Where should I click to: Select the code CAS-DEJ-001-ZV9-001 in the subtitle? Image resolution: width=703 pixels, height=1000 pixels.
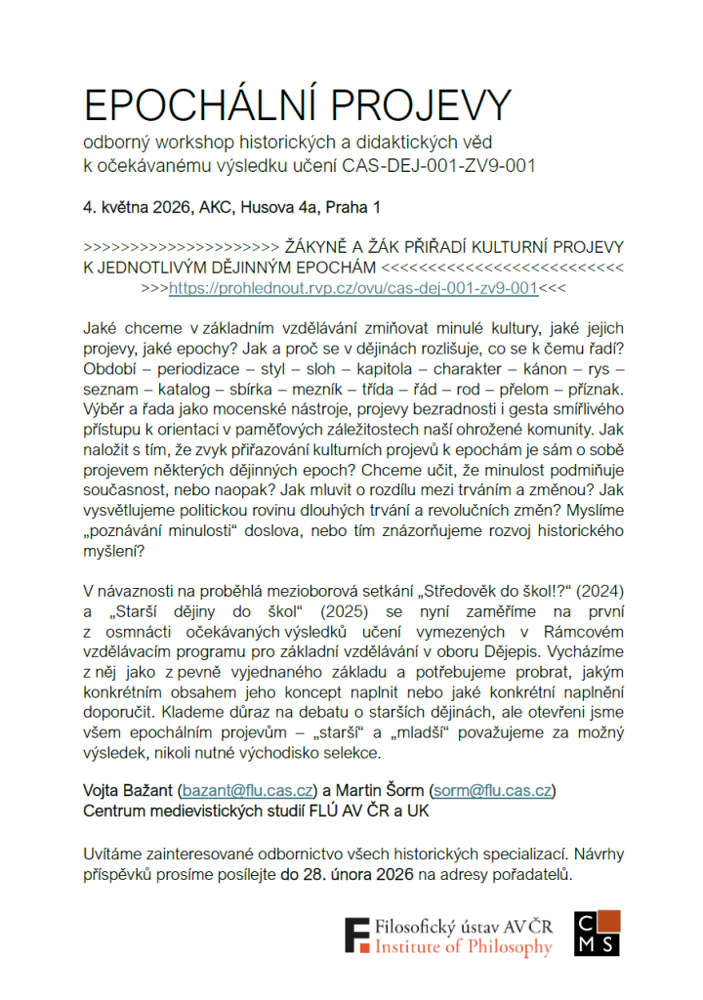(x=439, y=166)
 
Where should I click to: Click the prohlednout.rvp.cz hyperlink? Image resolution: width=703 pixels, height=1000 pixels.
(x=353, y=289)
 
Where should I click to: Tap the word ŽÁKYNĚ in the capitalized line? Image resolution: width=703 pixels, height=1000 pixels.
(x=321, y=248)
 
